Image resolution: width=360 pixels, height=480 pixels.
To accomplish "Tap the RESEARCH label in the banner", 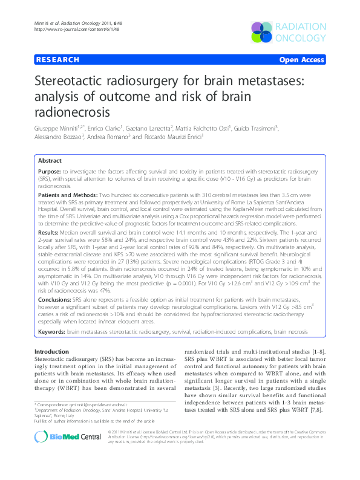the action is point(58,60).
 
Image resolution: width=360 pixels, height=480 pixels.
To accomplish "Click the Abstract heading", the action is point(50,161).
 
